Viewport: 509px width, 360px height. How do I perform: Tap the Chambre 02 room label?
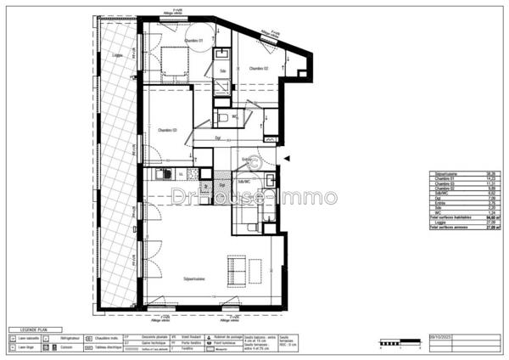coord(259,68)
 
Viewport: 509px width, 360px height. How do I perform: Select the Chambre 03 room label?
coord(167,130)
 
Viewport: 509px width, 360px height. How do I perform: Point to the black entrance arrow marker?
coord(288,158)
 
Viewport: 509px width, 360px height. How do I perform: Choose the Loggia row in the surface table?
coord(443,222)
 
